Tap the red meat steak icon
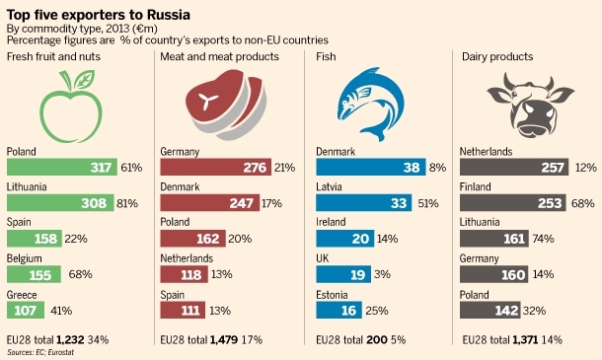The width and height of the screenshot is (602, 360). click(x=226, y=105)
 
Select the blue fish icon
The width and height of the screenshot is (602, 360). click(x=371, y=104)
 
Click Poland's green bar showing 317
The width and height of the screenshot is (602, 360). click(x=62, y=167)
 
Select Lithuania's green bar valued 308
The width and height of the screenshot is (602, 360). click(x=60, y=202)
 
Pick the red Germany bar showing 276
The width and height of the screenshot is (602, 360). click(x=216, y=167)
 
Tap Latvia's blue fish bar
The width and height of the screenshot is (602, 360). click(x=363, y=202)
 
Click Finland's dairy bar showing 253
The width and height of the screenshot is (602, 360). click(x=513, y=202)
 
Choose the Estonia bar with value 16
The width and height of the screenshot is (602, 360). click(x=339, y=310)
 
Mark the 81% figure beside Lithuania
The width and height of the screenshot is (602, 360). click(x=127, y=203)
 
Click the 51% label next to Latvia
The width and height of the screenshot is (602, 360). click(x=428, y=203)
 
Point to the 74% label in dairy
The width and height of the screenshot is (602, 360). click(x=543, y=239)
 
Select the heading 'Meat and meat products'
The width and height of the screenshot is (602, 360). click(x=220, y=57)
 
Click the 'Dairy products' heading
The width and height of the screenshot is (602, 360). click(x=497, y=57)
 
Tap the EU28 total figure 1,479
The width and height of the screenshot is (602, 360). click(x=224, y=339)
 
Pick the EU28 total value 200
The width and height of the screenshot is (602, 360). click(x=377, y=339)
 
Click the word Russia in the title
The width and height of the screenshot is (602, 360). click(x=169, y=15)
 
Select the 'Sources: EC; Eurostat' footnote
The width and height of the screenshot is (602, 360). click(x=40, y=352)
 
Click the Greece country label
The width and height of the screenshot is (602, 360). click(x=22, y=295)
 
